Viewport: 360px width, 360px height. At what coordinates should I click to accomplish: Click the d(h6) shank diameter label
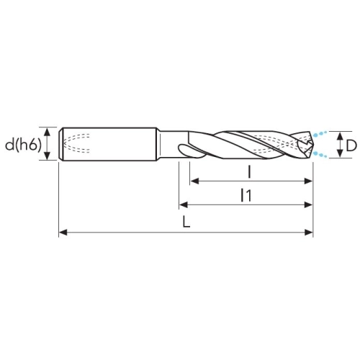coord(23,145)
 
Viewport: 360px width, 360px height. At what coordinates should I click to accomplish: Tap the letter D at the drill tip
coord(351,145)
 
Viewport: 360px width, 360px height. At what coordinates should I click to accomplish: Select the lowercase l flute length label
coord(250,172)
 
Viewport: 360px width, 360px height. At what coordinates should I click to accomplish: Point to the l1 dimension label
coord(246,195)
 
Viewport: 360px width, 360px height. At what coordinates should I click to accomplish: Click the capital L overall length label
coord(186,222)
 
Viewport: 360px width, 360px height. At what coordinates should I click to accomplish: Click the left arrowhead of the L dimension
coord(63,233)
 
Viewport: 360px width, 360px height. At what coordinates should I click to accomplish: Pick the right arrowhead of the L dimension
coord(309,233)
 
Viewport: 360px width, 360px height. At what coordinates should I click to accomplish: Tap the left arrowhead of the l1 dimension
coord(184,204)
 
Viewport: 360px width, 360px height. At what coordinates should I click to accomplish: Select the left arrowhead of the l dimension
coord(194,181)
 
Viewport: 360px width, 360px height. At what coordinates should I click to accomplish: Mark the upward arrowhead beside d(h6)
coord(48,132)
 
